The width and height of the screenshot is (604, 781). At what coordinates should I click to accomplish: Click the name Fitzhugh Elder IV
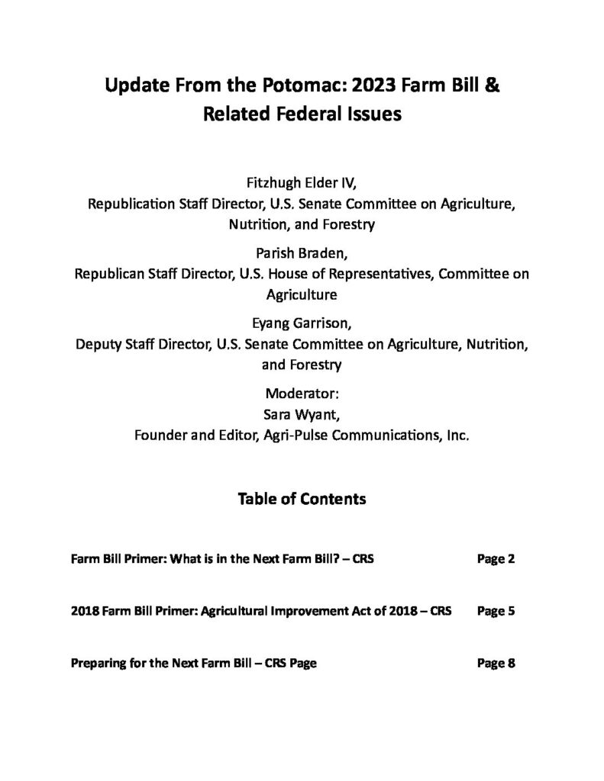pos(301,182)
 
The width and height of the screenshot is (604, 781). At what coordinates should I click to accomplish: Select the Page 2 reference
pos(496,559)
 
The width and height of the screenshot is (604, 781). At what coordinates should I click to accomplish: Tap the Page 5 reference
pos(496,611)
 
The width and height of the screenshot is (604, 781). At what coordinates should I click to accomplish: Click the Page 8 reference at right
pos(496,663)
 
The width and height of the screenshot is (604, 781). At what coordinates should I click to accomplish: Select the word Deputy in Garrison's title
pos(97,344)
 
